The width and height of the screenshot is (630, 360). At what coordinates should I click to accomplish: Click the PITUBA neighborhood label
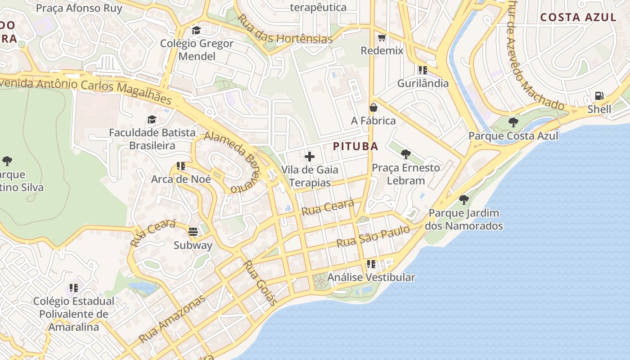355,146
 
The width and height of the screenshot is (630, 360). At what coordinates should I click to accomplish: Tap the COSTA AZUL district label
578,18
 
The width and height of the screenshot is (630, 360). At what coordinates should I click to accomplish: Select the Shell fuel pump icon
599,96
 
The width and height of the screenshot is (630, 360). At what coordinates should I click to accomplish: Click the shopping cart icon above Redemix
382,37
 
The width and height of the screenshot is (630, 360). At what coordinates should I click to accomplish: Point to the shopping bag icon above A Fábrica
373,108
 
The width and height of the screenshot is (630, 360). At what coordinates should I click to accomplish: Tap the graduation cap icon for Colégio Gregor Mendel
196,30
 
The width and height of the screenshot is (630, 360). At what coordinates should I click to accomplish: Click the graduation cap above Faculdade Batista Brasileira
152,120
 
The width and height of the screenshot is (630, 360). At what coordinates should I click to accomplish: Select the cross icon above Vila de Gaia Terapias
310,157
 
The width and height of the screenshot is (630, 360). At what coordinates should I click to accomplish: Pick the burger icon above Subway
193,232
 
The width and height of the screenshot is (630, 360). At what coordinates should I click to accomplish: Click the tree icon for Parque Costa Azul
513,122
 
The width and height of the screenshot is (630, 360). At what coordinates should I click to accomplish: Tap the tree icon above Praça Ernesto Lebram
406,154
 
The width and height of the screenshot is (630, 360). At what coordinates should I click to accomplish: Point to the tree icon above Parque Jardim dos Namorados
463,199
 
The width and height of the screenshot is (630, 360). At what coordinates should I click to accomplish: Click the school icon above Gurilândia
423,70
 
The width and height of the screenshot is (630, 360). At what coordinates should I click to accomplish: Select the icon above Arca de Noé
181,166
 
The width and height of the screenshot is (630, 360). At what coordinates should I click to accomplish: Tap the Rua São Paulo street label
373,237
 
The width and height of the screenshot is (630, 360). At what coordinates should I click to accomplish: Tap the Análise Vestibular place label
371,277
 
